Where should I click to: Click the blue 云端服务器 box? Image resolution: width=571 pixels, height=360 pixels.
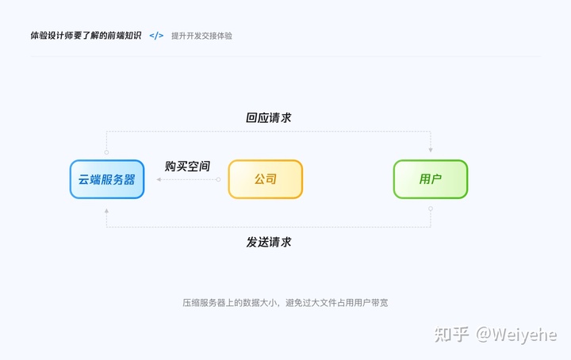click(107, 179)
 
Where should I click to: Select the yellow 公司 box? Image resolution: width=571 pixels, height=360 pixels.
click(266, 179)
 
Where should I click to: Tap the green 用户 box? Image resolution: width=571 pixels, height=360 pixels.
click(431, 179)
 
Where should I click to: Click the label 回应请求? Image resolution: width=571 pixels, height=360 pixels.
click(269, 117)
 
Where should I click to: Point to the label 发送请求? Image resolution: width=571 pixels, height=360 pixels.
click(269, 242)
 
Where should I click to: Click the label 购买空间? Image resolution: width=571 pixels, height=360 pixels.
click(187, 167)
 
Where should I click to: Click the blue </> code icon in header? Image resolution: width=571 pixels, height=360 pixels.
click(156, 36)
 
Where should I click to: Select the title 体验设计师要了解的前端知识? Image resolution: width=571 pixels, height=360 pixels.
click(86, 36)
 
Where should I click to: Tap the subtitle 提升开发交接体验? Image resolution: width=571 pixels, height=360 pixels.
click(201, 36)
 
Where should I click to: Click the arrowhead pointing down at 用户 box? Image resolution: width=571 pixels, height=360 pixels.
click(431, 149)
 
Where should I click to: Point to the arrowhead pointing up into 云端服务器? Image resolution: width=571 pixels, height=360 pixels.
click(107, 211)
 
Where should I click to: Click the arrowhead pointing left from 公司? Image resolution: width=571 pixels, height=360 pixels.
click(159, 179)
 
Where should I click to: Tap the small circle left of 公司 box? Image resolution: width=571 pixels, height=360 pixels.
click(218, 179)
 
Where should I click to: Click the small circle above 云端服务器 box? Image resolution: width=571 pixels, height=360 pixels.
click(107, 151)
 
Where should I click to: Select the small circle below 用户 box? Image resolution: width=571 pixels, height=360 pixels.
click(431, 209)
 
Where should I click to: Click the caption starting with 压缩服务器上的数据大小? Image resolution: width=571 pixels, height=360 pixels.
click(285, 303)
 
